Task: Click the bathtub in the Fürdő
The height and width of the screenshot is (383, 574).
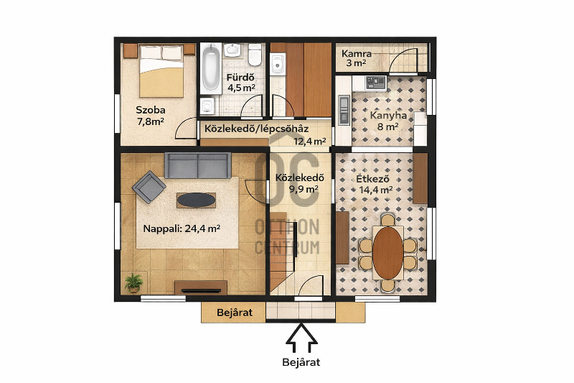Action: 211,68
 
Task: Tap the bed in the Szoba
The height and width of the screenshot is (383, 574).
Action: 161,70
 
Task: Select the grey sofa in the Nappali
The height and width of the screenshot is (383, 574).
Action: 198,165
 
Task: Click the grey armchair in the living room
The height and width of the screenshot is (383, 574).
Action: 149,187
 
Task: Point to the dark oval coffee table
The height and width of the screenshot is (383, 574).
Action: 196,200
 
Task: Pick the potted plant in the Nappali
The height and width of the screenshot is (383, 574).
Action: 133,282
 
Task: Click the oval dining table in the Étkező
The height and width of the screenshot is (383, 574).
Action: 388,253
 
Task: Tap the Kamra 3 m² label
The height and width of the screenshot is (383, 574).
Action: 356,58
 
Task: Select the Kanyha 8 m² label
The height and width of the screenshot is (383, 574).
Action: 388,121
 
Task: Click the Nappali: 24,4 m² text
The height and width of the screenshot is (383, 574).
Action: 182,229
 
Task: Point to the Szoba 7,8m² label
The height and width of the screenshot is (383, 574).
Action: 151,116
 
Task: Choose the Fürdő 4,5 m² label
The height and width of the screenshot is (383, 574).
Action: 240,83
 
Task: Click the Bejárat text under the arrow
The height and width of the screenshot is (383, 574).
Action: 301,362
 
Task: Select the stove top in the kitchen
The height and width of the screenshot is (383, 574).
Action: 375,83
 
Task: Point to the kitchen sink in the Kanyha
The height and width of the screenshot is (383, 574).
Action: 344,110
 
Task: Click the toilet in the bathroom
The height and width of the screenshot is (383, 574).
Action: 255,55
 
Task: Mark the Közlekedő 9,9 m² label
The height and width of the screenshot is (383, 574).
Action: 300,183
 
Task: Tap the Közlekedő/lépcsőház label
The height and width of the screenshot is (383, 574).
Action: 256,129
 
